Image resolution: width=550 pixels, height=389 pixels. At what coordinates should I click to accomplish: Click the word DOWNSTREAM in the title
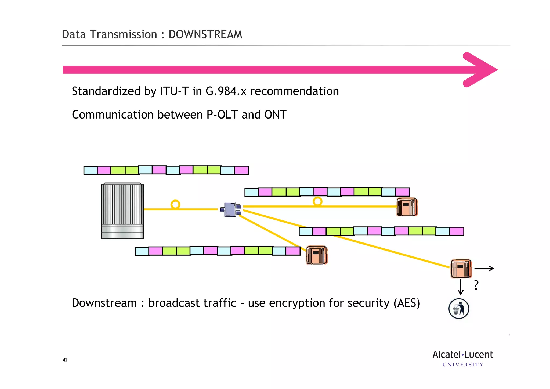(x=205, y=35)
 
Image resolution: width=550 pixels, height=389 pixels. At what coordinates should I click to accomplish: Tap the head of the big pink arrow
(x=481, y=70)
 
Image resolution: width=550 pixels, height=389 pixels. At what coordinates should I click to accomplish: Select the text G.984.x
(x=226, y=91)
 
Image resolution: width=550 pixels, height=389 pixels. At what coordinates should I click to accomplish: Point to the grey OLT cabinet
(x=122, y=211)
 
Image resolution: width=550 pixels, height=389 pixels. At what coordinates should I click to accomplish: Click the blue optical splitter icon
(x=230, y=209)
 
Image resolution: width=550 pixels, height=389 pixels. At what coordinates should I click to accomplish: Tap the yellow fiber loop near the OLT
(x=175, y=205)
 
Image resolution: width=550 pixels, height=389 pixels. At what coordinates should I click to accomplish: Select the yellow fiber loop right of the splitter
(x=317, y=201)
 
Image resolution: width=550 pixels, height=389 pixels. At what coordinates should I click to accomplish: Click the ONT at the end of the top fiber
(x=407, y=207)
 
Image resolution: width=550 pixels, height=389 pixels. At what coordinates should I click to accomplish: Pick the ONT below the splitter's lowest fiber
(x=317, y=255)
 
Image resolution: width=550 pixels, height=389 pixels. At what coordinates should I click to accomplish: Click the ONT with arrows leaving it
(x=461, y=268)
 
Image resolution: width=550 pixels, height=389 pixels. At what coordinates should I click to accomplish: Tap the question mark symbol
(x=476, y=285)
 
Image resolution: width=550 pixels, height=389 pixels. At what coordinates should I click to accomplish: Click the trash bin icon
(x=459, y=309)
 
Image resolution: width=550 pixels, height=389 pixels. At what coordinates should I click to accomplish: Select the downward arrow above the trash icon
(x=461, y=287)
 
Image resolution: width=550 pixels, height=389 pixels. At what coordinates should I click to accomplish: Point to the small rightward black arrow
(x=484, y=268)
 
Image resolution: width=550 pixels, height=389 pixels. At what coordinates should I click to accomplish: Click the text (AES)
(x=407, y=303)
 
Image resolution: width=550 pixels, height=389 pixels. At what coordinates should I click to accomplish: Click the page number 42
(x=65, y=360)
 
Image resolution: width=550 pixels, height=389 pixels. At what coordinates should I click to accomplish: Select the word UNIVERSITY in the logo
(x=463, y=365)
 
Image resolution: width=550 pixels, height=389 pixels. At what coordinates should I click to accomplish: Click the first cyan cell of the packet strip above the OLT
(x=91, y=170)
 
